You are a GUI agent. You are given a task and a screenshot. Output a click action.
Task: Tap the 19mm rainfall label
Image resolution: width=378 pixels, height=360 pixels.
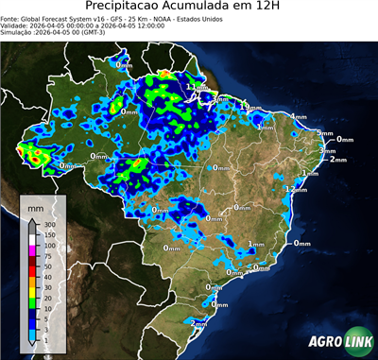pos(249,108)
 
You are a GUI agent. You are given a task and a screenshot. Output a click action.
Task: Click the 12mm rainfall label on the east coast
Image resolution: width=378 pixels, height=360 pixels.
pos(297,189)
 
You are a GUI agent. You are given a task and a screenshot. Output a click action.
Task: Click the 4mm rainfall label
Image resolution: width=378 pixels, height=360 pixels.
pos(299,117)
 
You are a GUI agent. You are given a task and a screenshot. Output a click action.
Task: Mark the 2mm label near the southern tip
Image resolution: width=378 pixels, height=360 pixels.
pos(199,324)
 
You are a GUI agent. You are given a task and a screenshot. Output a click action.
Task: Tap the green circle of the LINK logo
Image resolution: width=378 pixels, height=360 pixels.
pos(358,341)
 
